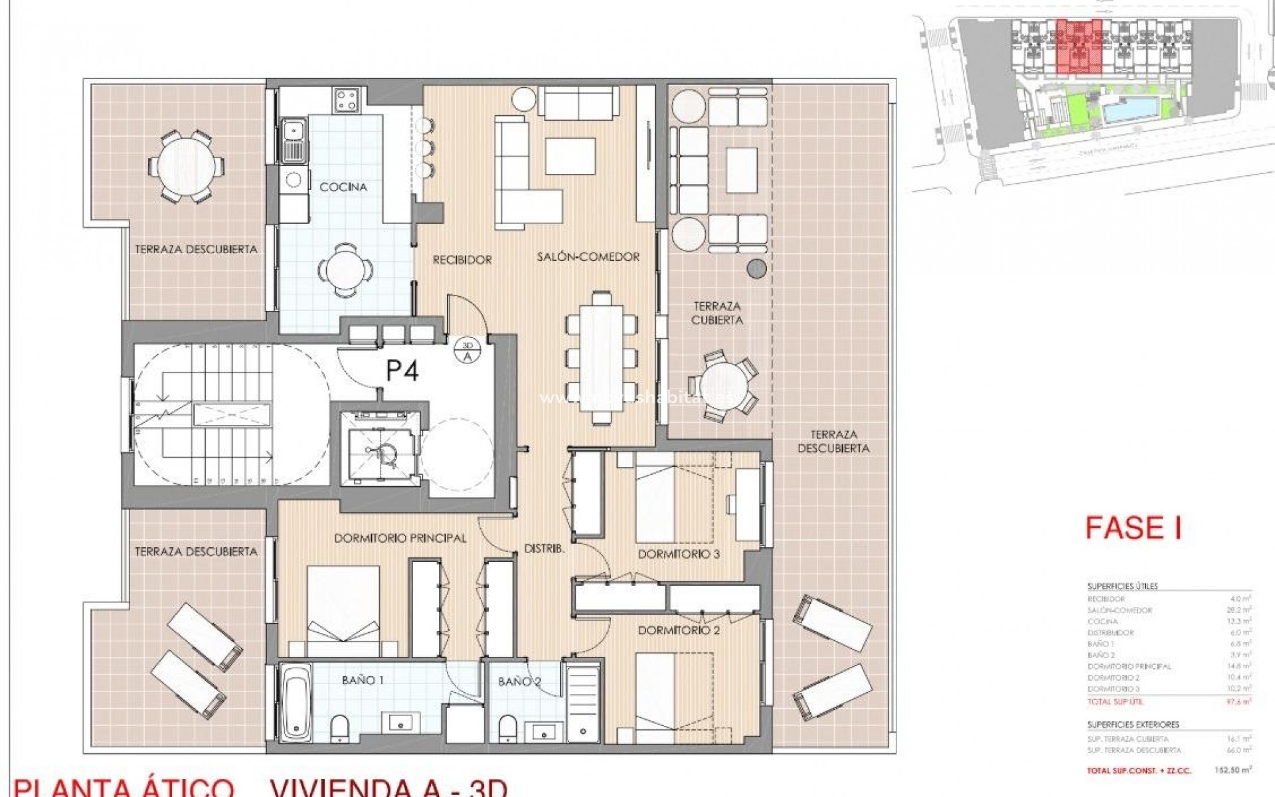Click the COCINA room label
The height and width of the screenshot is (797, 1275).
pos(343,187)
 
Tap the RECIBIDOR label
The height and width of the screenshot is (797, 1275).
pos(462,260)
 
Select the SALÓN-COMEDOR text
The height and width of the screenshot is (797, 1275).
pos(588,256)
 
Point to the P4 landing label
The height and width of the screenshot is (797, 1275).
pos(402,371)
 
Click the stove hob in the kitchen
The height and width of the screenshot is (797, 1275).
pos(346,100)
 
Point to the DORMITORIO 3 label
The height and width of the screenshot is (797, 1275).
pos(679,554)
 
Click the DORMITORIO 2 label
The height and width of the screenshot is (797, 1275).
pos(679,630)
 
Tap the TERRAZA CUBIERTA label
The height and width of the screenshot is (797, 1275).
pos(717,313)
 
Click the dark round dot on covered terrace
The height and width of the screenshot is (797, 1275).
pos(756,268)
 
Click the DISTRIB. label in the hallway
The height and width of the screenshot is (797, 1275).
pos(545,549)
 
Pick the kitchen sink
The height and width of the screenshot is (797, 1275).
pos(294,140)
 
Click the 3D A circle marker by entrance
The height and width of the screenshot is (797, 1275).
pos(467,350)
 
